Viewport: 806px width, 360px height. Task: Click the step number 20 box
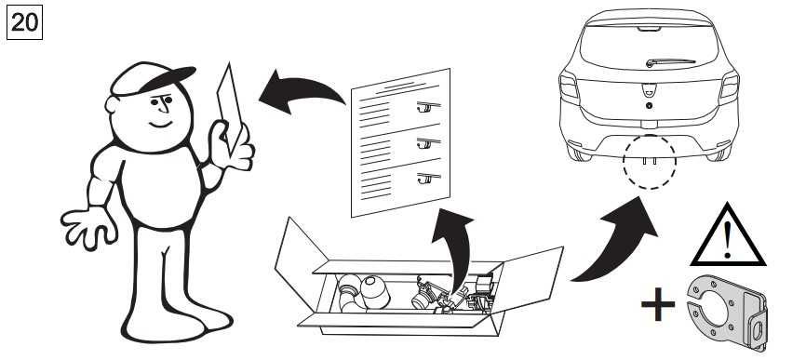[24, 22]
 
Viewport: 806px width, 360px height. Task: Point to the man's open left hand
[88, 226]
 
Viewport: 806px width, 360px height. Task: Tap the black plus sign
[658, 304]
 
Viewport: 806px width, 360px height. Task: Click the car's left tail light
[569, 87]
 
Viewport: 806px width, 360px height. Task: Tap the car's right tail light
[729, 87]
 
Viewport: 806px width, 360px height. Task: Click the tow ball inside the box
[375, 292]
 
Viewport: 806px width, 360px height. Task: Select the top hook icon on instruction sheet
[428, 106]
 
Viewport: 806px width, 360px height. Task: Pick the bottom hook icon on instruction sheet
[428, 179]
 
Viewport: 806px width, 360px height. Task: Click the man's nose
[164, 106]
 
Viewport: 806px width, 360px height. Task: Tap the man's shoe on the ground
[156, 327]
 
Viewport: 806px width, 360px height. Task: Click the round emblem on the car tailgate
[650, 105]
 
